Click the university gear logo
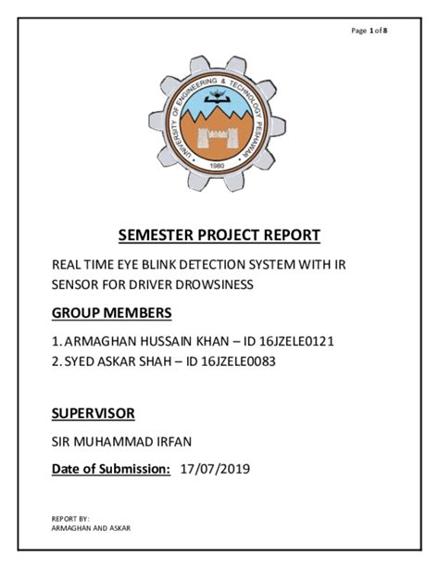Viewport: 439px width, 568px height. [219, 120]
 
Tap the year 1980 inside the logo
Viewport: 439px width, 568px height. [219, 168]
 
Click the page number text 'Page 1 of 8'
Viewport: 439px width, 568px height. [369, 32]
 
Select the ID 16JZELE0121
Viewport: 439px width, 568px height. [290, 341]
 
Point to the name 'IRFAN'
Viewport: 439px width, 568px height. [175, 442]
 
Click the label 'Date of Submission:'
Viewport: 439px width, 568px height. [110, 471]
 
